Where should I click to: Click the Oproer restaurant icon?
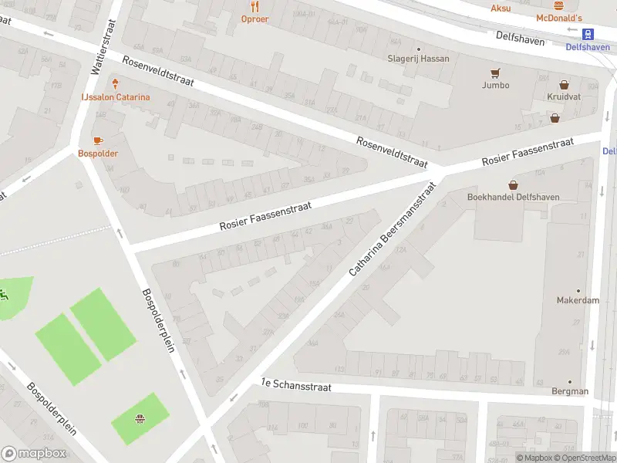coord(255,5)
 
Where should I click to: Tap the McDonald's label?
coord(559,18)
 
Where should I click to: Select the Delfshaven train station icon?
coord(588,34)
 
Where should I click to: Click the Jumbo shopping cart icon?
coord(496,73)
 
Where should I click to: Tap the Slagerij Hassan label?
coord(418,59)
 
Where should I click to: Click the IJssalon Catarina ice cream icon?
coord(116,83)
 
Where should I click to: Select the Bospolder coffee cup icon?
coord(98,140)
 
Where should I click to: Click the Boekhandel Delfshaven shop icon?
coord(513,184)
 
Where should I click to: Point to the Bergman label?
coord(571,391)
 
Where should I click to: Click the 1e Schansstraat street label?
coord(295,386)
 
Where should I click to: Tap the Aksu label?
coord(501,8)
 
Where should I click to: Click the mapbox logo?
coord(34,453)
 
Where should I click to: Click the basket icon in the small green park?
coord(140,420)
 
